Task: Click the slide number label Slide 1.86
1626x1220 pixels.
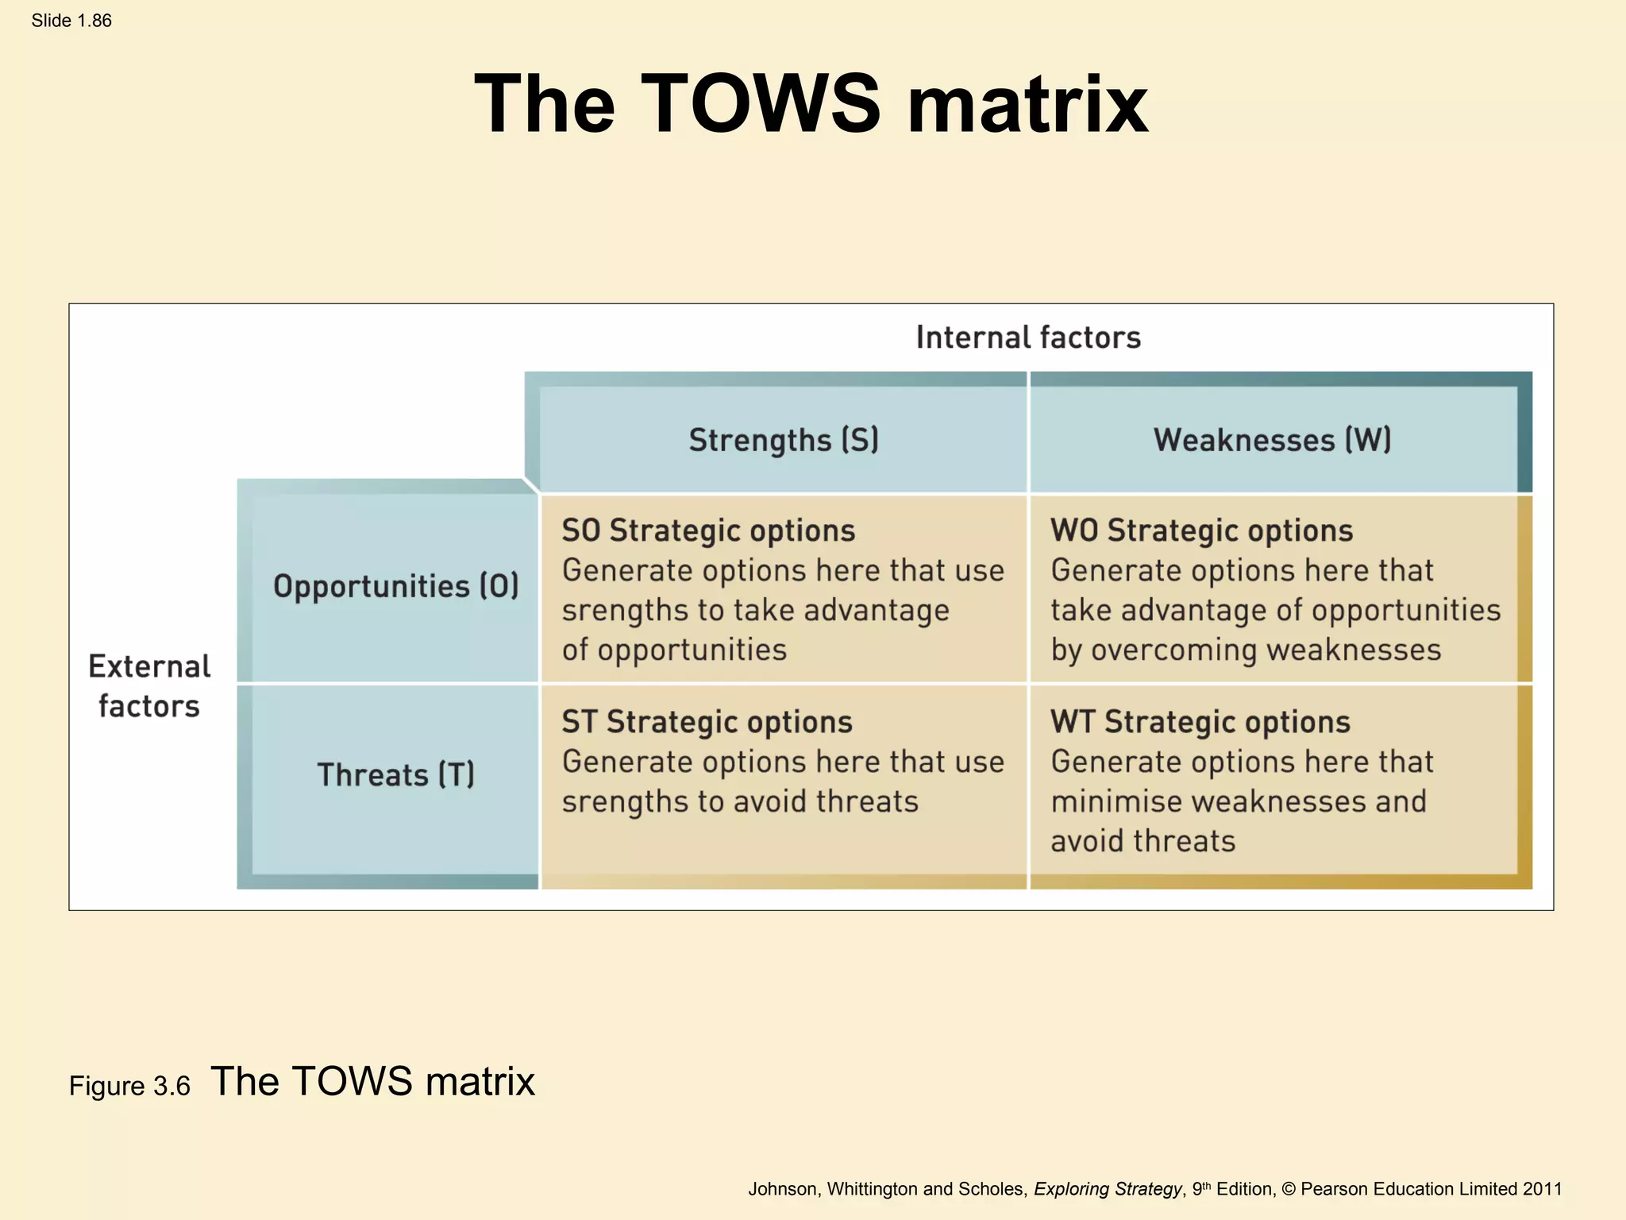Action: click(71, 21)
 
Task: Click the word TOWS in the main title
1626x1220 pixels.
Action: click(760, 103)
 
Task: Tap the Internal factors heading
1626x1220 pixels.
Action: click(1028, 338)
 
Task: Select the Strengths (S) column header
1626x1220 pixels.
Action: click(784, 440)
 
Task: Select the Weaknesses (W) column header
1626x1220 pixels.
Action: click(1272, 440)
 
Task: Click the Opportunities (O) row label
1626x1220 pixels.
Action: click(395, 586)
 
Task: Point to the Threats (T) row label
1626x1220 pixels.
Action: click(395, 774)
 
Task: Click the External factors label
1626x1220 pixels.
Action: click(149, 686)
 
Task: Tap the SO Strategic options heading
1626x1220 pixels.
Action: click(708, 531)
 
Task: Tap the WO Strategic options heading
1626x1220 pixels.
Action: click(1201, 531)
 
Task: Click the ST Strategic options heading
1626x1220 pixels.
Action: click(707, 722)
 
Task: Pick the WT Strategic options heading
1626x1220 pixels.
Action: click(1200, 722)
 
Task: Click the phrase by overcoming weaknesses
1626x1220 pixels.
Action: click(1245, 650)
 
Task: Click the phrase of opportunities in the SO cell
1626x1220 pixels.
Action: click(674, 650)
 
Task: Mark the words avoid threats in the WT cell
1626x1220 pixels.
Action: click(1142, 841)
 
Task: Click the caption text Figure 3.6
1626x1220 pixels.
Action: click(129, 1086)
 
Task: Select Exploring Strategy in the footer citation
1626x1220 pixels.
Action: click(1107, 1189)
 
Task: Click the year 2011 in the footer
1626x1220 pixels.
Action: click(1542, 1189)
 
